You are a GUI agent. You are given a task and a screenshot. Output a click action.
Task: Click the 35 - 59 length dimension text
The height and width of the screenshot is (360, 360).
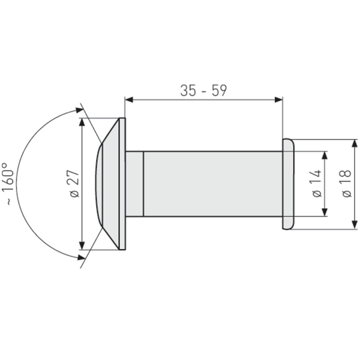[x=203, y=91]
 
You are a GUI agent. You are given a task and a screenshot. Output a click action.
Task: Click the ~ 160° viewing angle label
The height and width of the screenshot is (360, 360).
[x=8, y=184]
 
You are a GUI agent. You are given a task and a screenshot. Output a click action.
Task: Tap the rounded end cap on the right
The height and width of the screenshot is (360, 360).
[x=287, y=184]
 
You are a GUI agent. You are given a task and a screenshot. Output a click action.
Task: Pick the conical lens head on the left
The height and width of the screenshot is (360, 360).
[x=107, y=184]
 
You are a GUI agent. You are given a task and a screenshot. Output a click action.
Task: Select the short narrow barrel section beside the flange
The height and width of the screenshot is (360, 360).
[x=135, y=184]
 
